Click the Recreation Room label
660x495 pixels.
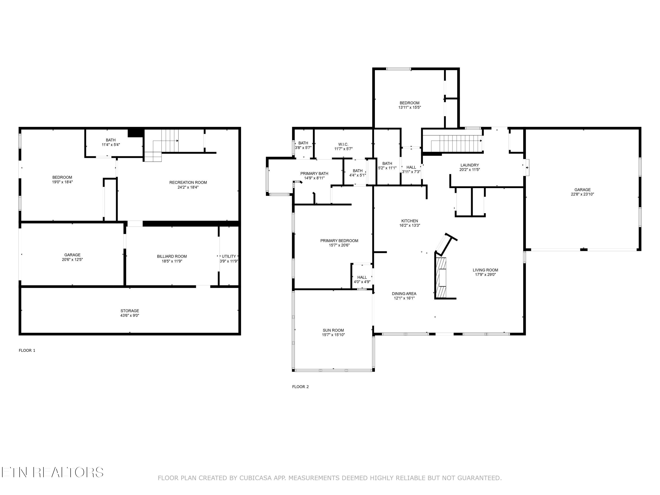coord(188,183)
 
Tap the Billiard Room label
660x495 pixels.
coord(172,256)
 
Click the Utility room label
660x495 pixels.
coord(229,256)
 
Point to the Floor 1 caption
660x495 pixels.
coord(27,350)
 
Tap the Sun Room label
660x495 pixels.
coord(333,330)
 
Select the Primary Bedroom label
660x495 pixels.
coord(339,241)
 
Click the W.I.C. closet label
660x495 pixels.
coord(343,144)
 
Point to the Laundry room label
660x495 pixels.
coord(470,165)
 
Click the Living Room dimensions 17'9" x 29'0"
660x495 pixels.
coord(486,275)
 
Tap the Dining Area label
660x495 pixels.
coord(404,294)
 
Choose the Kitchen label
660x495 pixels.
coord(410,221)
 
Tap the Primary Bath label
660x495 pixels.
coord(314,174)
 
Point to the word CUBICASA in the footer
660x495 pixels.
coord(255,478)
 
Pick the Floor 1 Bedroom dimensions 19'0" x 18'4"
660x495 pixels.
coord(62,182)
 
